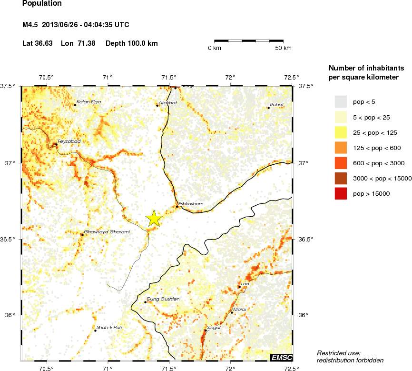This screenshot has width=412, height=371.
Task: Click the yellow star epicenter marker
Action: pos(154,218)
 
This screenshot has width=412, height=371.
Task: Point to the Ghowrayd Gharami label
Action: pos(107,231)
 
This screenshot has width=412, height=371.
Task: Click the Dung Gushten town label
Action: pos(164,299)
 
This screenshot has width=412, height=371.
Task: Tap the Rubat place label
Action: pos(277,104)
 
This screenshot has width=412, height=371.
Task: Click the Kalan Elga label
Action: pos(88,101)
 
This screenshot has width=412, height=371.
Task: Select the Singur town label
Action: pos(214,327)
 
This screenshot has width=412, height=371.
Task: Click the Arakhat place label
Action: pos(167,102)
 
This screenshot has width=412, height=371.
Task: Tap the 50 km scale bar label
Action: pos(284,48)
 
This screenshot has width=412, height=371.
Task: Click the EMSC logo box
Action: pos(281,357)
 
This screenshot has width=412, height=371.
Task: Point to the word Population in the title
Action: pos(42,4)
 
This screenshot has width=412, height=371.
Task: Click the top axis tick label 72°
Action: pos(231,78)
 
